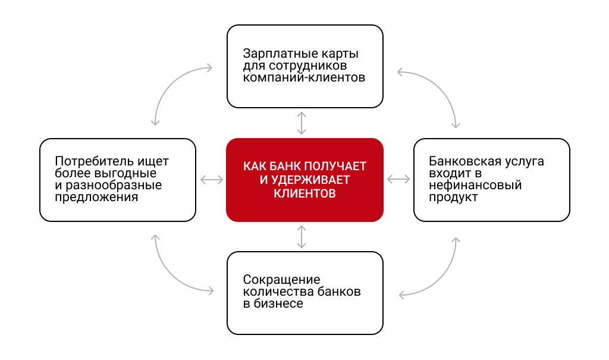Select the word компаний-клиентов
click(x=304, y=77)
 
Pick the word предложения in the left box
click(x=96, y=197)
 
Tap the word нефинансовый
click(x=475, y=185)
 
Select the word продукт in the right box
click(x=453, y=197)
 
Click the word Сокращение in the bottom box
click(x=281, y=280)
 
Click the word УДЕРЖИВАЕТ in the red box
click(x=310, y=180)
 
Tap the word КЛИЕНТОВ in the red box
click(x=304, y=193)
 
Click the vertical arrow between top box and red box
click(x=302, y=123)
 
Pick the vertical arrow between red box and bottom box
click(x=302, y=237)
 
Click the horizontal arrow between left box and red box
click(x=212, y=180)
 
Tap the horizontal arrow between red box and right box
click(x=398, y=179)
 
